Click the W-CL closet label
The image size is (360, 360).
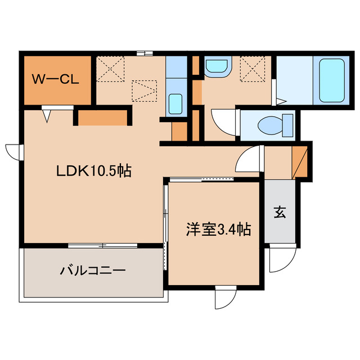coord(55,79)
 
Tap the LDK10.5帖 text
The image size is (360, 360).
coord(93,172)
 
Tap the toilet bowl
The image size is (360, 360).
coord(269,123)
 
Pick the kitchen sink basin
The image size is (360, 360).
coord(175,103)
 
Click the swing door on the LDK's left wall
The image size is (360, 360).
coord(13,151)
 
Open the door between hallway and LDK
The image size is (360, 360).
coord(248,158)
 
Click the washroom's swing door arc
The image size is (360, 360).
coord(222,119)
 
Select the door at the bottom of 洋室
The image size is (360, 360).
coord(224,298)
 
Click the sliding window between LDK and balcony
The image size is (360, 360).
coord(102,245)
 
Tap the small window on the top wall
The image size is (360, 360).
coord(145,53)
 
